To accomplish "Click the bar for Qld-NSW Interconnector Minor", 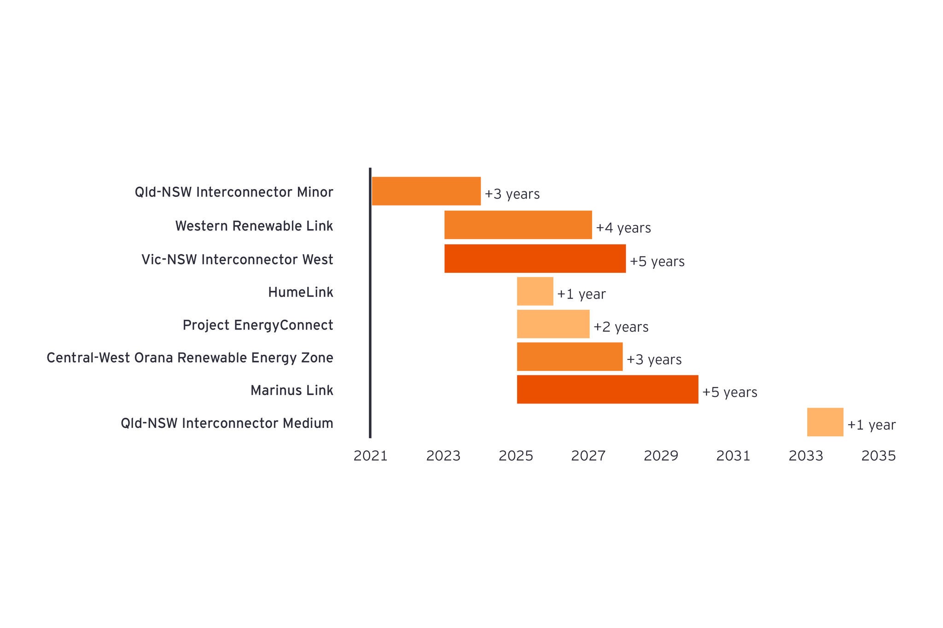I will (x=426, y=191).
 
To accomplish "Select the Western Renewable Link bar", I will (x=518, y=225).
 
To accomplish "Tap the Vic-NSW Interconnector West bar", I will (x=535, y=259).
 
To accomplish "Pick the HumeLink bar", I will (x=535, y=291).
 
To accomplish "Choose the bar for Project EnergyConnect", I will (x=553, y=324).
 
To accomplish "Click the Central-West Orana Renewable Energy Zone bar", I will (x=570, y=357).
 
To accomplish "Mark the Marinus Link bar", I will (x=607, y=389).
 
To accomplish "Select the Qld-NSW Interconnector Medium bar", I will (x=825, y=422).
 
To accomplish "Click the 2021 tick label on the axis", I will (x=370, y=456).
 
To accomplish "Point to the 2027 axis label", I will (x=588, y=456).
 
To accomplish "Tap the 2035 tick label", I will (x=879, y=456).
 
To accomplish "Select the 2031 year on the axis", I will (x=733, y=456).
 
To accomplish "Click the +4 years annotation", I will (x=623, y=228).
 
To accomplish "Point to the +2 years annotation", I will (x=621, y=327).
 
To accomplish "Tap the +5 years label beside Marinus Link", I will (x=729, y=392).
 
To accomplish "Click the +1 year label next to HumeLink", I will (x=581, y=294).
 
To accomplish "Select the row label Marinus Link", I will (x=291, y=390).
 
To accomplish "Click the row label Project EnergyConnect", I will (x=258, y=325).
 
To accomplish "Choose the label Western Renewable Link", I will (x=254, y=226).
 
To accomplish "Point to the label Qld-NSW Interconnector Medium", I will (x=227, y=423).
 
